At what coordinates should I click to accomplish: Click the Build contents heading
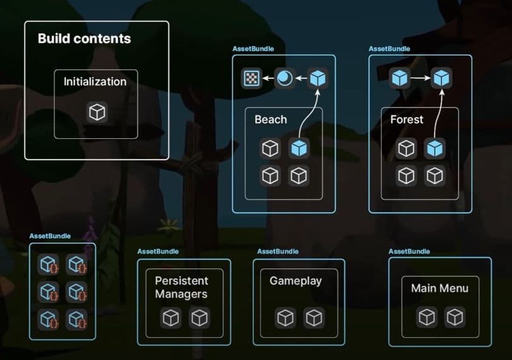84,39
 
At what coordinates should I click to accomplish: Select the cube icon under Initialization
97,112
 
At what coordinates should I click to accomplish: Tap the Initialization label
95,81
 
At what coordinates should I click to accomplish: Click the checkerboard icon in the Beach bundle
252,78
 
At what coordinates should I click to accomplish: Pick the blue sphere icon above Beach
284,78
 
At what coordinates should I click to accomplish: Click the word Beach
271,119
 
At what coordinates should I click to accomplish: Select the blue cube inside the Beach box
299,148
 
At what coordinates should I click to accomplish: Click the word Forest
406,119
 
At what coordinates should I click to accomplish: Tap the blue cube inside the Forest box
435,148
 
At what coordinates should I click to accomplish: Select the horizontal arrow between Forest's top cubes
420,78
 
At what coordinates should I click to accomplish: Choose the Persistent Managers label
181,287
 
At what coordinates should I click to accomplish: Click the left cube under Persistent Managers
171,318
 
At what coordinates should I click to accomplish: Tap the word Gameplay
296,280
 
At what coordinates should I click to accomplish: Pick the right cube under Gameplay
314,318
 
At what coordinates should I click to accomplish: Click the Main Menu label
439,288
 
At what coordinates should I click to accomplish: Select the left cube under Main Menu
427,317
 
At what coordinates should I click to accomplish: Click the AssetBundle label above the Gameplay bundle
277,251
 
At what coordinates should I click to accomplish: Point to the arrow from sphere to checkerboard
268,78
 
